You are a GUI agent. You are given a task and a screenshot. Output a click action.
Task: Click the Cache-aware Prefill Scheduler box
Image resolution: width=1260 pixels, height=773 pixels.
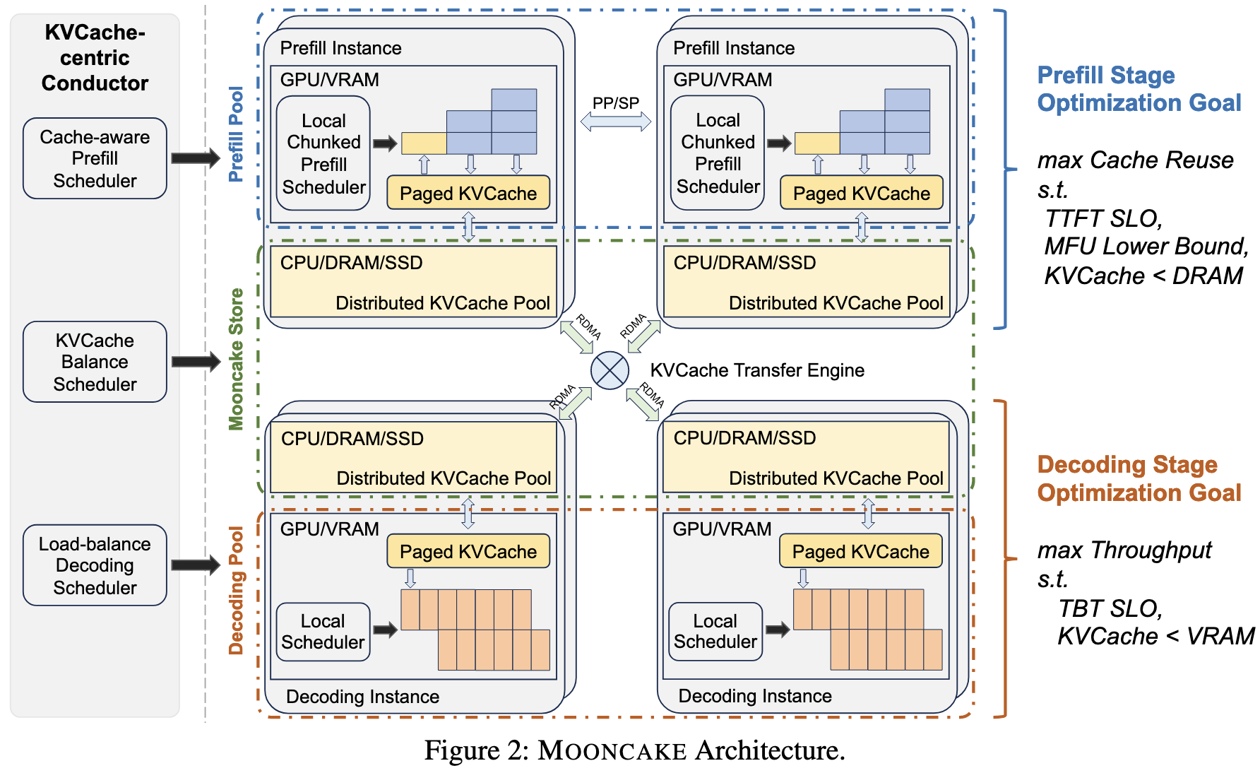click(95, 158)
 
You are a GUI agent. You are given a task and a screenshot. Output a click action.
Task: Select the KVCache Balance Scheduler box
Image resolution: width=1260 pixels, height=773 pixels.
click(95, 362)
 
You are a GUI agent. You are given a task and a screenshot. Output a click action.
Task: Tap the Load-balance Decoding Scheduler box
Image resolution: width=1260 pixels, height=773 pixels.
click(95, 565)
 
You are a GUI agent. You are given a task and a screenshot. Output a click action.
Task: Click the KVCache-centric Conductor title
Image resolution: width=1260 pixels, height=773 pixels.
click(95, 57)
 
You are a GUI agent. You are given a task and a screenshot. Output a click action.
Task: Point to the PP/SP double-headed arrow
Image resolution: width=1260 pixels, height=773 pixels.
click(615, 122)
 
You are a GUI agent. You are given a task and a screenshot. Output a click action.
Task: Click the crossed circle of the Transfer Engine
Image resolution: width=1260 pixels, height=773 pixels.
click(610, 370)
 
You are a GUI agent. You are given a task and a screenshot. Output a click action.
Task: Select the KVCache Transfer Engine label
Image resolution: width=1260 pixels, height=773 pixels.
click(757, 370)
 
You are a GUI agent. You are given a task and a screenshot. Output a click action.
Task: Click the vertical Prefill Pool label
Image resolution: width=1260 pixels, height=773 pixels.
click(236, 134)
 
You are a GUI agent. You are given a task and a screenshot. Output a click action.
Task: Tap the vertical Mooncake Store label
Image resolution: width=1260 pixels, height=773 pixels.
click(236, 359)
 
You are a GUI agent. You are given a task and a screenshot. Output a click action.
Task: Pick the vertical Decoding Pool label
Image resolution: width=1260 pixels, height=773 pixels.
click(236, 590)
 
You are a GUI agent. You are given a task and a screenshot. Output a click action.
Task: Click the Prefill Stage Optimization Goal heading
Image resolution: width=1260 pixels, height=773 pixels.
click(1139, 89)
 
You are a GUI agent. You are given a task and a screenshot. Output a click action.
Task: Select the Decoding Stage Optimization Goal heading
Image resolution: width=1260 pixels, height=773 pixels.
click(1139, 478)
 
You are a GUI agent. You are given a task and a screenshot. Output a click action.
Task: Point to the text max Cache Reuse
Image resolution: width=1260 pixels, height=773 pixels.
click(1135, 160)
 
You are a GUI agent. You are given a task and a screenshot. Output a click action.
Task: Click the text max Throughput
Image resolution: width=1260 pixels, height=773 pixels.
click(1124, 550)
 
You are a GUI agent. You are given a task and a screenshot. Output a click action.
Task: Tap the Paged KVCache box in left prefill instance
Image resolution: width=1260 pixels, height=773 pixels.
click(468, 193)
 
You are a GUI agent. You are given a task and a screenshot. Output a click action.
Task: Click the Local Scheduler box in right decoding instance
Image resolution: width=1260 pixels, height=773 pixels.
click(715, 632)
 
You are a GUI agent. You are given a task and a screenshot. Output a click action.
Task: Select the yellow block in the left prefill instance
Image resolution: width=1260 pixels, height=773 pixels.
click(424, 143)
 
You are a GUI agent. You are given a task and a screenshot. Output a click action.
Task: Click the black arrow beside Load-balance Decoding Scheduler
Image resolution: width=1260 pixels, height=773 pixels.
click(196, 565)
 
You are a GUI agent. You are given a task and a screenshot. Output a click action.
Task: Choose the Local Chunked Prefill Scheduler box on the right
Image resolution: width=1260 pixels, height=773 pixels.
click(718, 153)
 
